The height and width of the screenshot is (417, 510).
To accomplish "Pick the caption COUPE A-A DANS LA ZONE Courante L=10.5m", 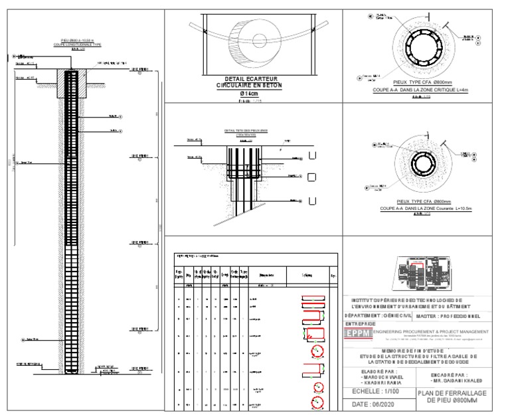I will click(x=424, y=208).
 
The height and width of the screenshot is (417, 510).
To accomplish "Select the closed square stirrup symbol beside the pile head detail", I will click(x=311, y=177).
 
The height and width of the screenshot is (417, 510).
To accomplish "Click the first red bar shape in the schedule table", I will click(x=311, y=299).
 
